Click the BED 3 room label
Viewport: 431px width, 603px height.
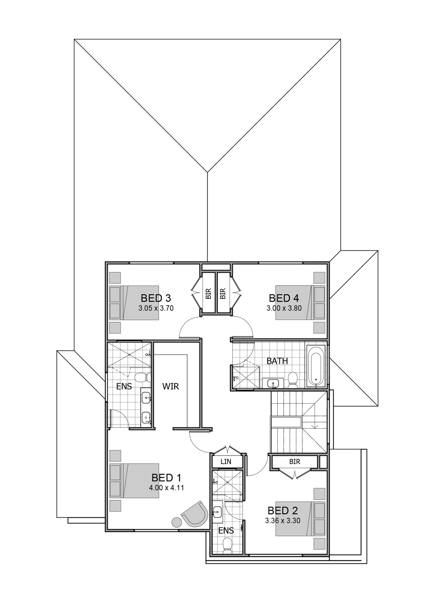pos(156,298)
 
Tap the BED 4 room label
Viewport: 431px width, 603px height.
pos(284,298)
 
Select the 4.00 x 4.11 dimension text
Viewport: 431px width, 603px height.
pos(166,487)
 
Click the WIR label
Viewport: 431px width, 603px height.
pos(171,386)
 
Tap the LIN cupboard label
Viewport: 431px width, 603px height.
pos(226,462)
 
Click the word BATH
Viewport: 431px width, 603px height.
pos(277,361)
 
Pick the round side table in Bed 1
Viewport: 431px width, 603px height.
pos(177,522)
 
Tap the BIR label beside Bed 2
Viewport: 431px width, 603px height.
pos(295,462)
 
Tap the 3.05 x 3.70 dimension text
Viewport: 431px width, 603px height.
pos(156,308)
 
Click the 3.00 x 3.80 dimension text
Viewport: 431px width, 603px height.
pos(284,308)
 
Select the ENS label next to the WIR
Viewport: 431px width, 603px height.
pos(124,386)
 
